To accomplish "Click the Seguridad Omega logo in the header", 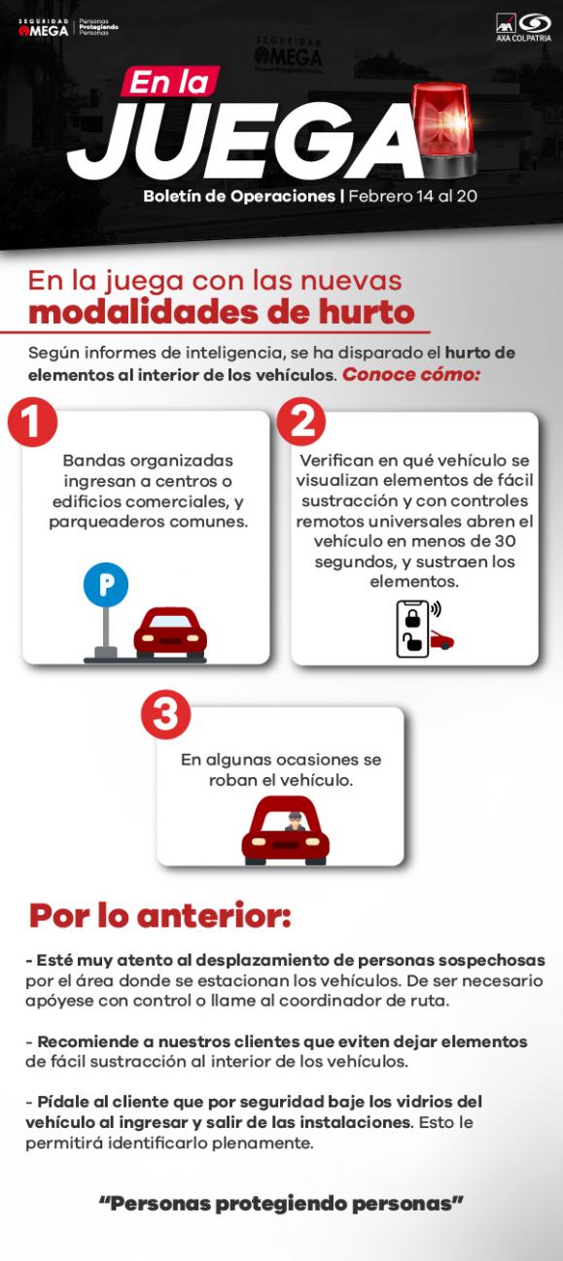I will (44, 27).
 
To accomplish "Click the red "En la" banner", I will (170, 84).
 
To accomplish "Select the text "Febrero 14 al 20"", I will (412, 195).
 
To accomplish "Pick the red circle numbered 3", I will (165, 715).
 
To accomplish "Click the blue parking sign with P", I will (105, 585).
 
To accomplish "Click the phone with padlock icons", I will (412, 629).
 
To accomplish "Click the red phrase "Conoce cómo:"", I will (410, 374).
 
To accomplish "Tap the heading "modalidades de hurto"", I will (221, 313).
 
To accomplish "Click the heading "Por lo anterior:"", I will (159, 915).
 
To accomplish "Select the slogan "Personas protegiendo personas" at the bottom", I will (281, 1204).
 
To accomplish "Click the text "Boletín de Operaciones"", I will (238, 195).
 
